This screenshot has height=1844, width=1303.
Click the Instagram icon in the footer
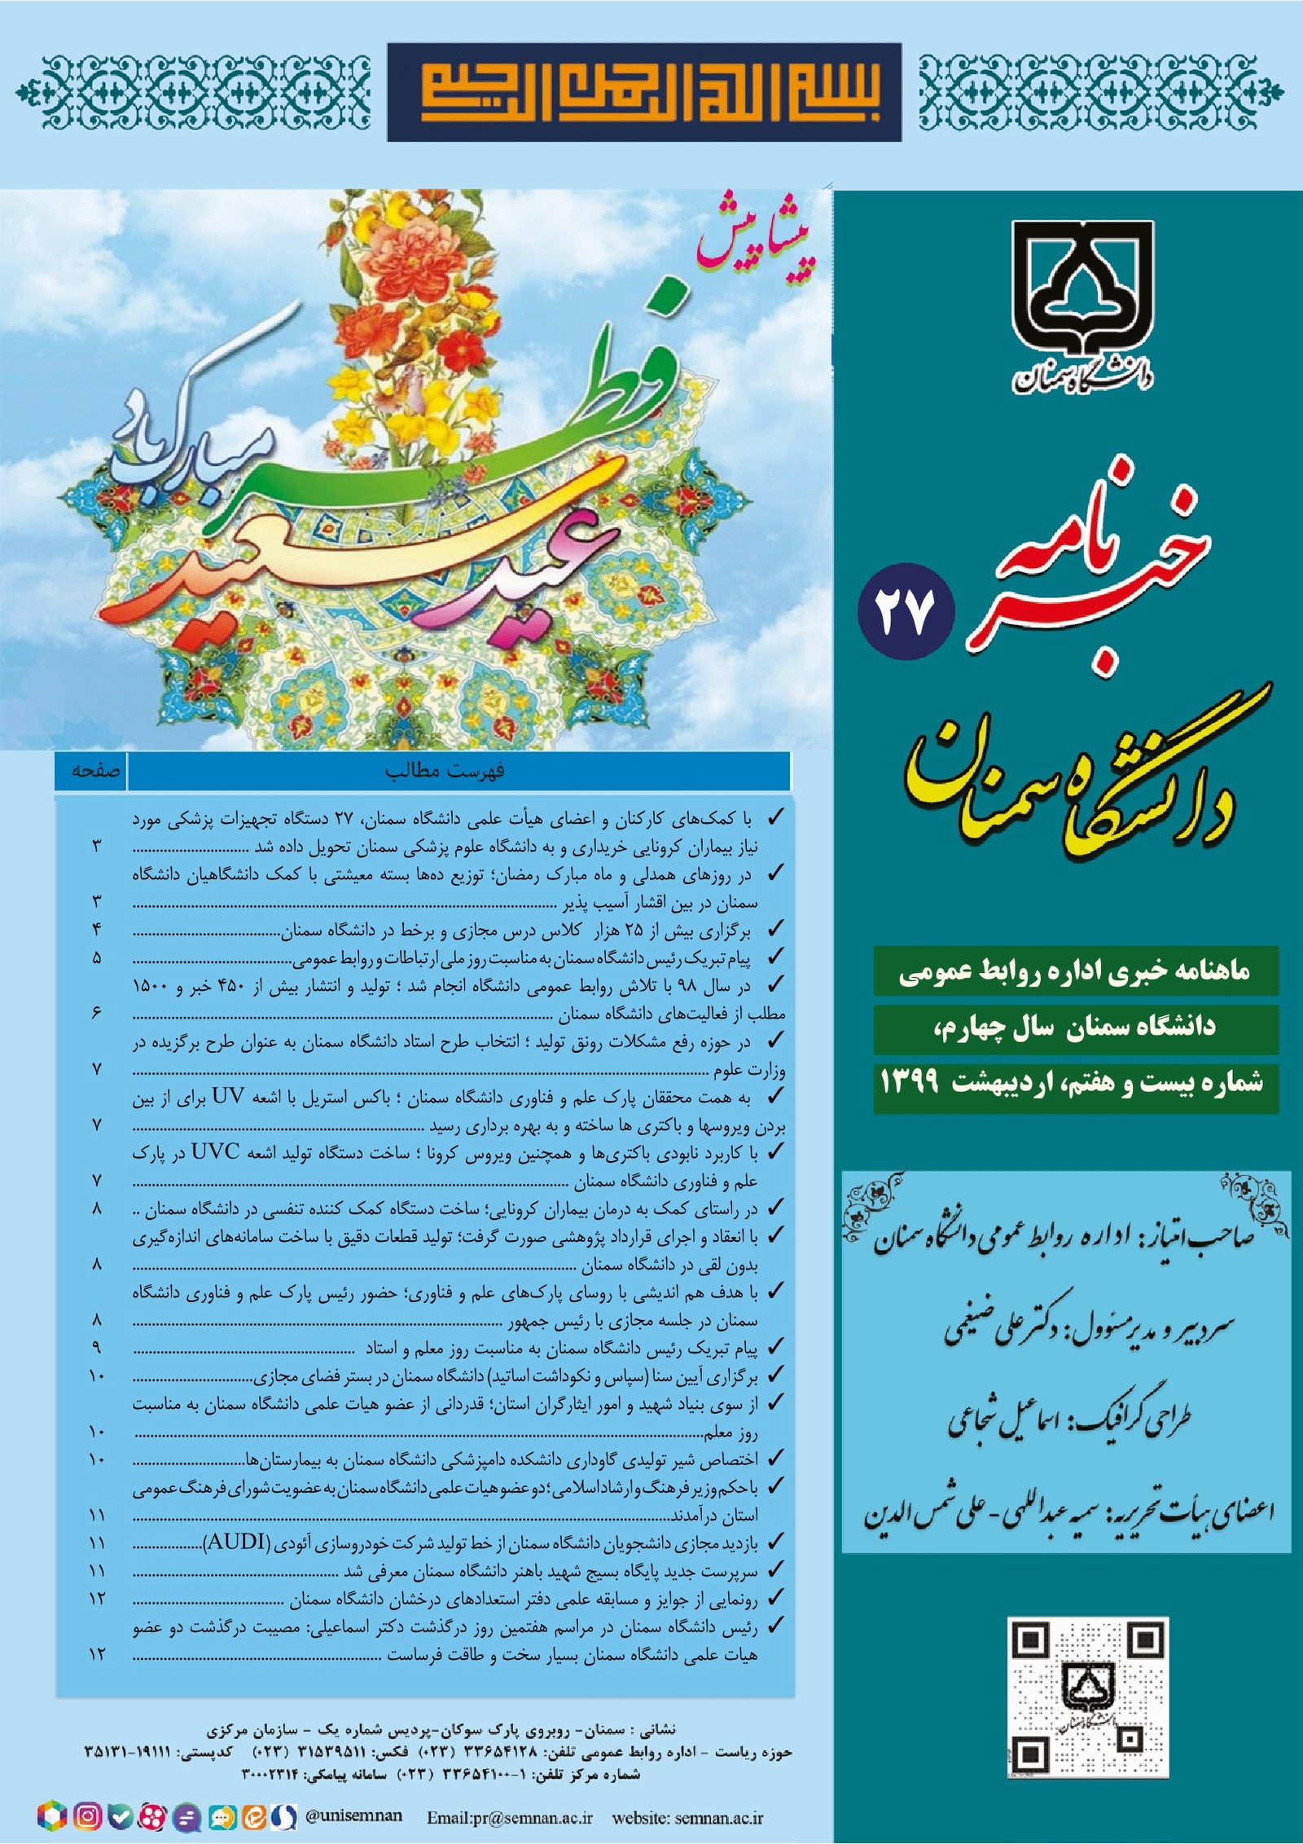87,1815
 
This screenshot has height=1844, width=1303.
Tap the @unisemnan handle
353,1815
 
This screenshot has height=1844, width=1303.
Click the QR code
1088,1696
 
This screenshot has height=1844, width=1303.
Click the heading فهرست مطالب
445,771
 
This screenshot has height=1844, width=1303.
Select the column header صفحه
96,771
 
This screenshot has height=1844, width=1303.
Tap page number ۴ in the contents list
96,930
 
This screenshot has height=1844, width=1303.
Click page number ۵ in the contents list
96,957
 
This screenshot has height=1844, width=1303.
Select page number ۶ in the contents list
96,1014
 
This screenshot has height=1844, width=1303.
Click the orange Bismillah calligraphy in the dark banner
644,91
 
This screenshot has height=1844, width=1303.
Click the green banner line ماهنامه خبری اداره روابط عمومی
1075,972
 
